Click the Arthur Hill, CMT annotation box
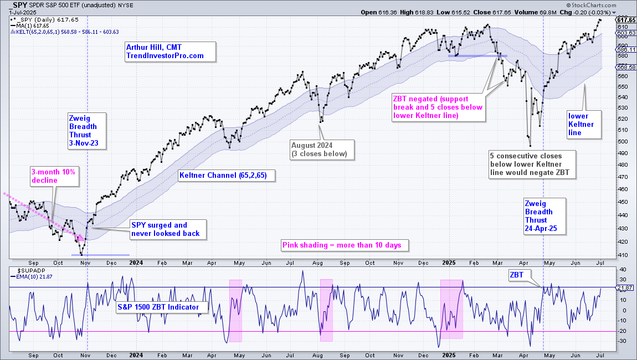click(170, 52)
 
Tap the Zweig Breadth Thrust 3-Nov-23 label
click(87, 131)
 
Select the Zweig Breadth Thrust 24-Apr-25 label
click(545, 216)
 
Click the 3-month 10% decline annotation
click(54, 176)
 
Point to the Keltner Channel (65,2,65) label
click(227, 176)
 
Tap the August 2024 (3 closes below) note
click(322, 150)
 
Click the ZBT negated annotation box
click(438, 107)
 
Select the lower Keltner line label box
click(584, 124)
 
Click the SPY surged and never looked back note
click(168, 230)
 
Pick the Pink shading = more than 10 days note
click(345, 245)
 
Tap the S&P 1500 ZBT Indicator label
click(162, 307)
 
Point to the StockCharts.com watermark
click(591, 6)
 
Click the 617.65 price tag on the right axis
click(626, 20)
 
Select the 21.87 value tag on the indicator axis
click(626, 287)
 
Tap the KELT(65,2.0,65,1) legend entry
click(65, 32)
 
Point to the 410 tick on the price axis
click(622, 255)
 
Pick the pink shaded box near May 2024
click(235, 311)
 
